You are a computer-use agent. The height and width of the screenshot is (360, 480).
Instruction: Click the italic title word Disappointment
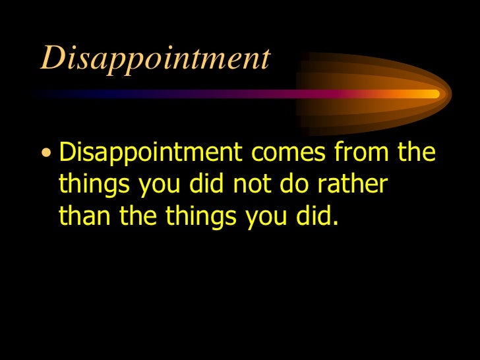pyautogui.click(x=155, y=59)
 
